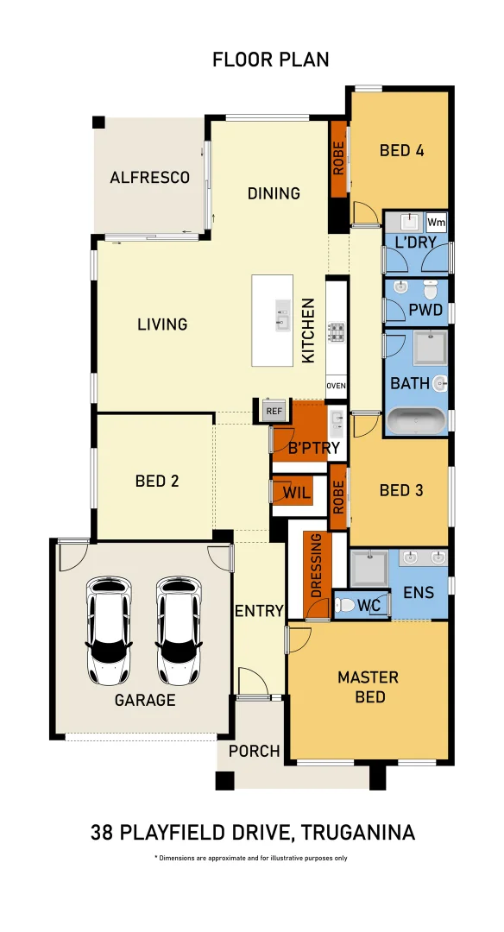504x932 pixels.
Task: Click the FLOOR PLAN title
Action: point(270,60)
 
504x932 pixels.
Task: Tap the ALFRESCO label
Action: point(149,178)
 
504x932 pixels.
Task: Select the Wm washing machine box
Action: point(436,222)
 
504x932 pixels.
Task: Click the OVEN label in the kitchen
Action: point(336,386)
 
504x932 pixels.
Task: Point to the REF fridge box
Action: point(274,411)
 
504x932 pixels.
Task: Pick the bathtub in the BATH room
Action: point(415,421)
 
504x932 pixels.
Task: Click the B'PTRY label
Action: point(314,448)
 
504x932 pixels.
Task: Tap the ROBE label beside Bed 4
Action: point(338,159)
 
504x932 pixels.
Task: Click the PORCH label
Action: point(254,751)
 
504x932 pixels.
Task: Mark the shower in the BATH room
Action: point(426,349)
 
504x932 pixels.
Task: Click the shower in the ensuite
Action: point(368,569)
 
